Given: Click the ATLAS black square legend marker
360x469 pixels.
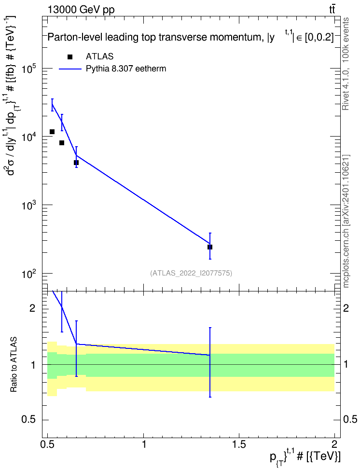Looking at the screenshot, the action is click(x=70, y=57).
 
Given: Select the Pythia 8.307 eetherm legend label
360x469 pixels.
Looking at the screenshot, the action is click(x=126, y=69).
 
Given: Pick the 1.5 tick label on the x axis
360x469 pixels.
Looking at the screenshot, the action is click(x=239, y=444).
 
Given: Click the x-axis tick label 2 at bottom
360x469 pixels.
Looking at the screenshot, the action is click(x=334, y=444).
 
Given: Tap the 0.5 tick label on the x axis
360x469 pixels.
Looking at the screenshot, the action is click(x=48, y=444).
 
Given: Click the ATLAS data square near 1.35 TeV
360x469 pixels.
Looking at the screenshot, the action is click(x=210, y=247).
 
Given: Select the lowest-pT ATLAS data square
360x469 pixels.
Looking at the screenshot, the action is click(x=52, y=132).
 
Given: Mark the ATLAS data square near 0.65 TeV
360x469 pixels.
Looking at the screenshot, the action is click(x=76, y=163).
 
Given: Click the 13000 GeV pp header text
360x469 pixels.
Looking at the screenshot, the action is click(x=81, y=10).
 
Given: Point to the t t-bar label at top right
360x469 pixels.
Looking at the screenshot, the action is click(x=332, y=9).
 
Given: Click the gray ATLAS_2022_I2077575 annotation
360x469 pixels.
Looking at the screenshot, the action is click(x=191, y=273).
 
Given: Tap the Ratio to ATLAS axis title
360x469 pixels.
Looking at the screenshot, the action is click(x=14, y=365).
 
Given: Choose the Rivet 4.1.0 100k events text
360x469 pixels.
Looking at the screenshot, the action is click(x=346, y=64).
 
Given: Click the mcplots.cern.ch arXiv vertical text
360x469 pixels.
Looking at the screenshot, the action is click(x=346, y=221).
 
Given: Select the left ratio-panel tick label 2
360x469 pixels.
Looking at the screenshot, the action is click(x=33, y=308).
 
